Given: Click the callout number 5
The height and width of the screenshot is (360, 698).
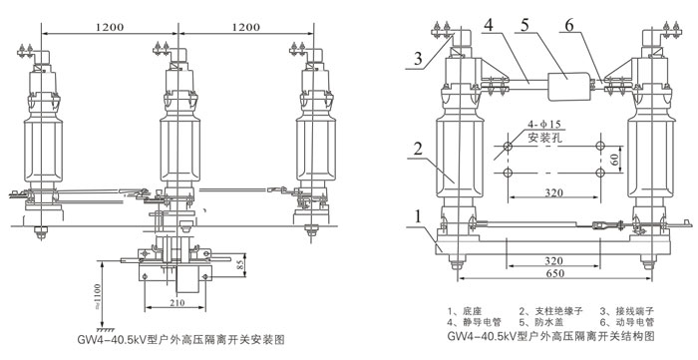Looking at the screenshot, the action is point(524,25).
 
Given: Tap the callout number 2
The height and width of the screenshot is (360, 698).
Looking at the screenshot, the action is point(417,149).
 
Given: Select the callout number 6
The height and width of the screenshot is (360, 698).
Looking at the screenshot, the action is point(569,25).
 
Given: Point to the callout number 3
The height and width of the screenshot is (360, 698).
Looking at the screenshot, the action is point(418,59).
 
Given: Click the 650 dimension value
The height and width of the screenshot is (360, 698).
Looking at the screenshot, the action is point(554,273).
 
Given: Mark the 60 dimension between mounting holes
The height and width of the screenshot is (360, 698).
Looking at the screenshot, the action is point(615,160).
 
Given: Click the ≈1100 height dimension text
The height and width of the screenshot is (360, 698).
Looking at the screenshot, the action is point(98,295).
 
